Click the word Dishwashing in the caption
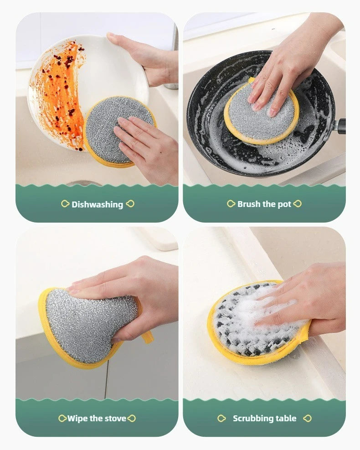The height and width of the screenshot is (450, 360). [97, 204]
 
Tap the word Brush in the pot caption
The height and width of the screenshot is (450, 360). [249, 204]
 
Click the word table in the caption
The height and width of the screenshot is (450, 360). [286, 418]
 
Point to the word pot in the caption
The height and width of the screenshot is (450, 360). [284, 204]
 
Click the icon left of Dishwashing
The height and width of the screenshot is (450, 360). [65, 204]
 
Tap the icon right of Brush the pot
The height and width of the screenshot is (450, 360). [298, 204]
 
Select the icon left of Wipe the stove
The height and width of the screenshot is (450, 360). [62, 418]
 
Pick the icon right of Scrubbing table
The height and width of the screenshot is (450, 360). [307, 418]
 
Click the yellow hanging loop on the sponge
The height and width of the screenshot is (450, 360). [147, 337]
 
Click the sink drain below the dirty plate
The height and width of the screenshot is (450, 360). [84, 183]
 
